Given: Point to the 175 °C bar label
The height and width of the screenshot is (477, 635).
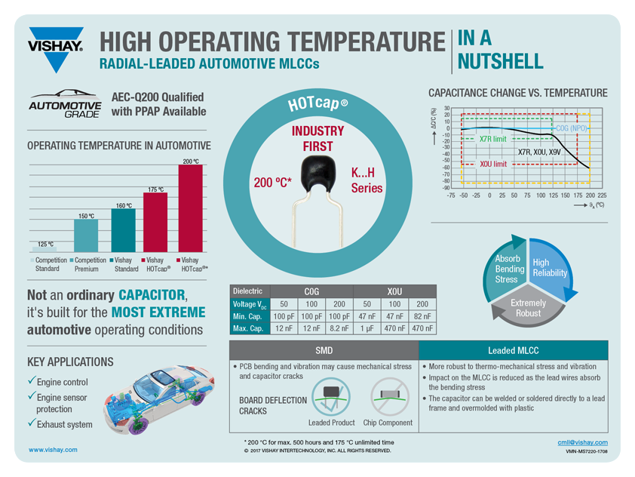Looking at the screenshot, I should pyautogui.click(x=155, y=189).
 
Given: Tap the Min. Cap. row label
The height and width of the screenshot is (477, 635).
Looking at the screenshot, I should pyautogui.click(x=249, y=315).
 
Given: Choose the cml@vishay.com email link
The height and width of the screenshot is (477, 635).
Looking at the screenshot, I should pyautogui.click(x=582, y=442).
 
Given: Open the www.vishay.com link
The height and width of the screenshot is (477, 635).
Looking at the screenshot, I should pyautogui.click(x=53, y=450).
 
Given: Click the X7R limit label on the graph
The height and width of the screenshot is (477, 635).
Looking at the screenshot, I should pyautogui.click(x=492, y=139).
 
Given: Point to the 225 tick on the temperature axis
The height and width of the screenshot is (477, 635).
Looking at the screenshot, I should pyautogui.click(x=602, y=195).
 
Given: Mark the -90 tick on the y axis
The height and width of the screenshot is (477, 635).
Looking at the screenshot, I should pyautogui.click(x=446, y=187).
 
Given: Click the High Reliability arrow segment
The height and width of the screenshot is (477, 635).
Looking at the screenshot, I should pyautogui.click(x=551, y=268).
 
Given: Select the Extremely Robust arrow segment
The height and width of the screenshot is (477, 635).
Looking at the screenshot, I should pyautogui.click(x=528, y=308).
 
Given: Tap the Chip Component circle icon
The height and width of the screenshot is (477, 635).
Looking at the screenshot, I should pyautogui.click(x=389, y=398).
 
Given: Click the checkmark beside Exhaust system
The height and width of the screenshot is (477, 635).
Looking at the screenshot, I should pyautogui.click(x=31, y=424).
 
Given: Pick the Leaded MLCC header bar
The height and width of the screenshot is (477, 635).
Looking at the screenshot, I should pyautogui.click(x=513, y=351).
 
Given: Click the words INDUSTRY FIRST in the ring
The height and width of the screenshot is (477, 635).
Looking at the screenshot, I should pyautogui.click(x=317, y=138).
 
